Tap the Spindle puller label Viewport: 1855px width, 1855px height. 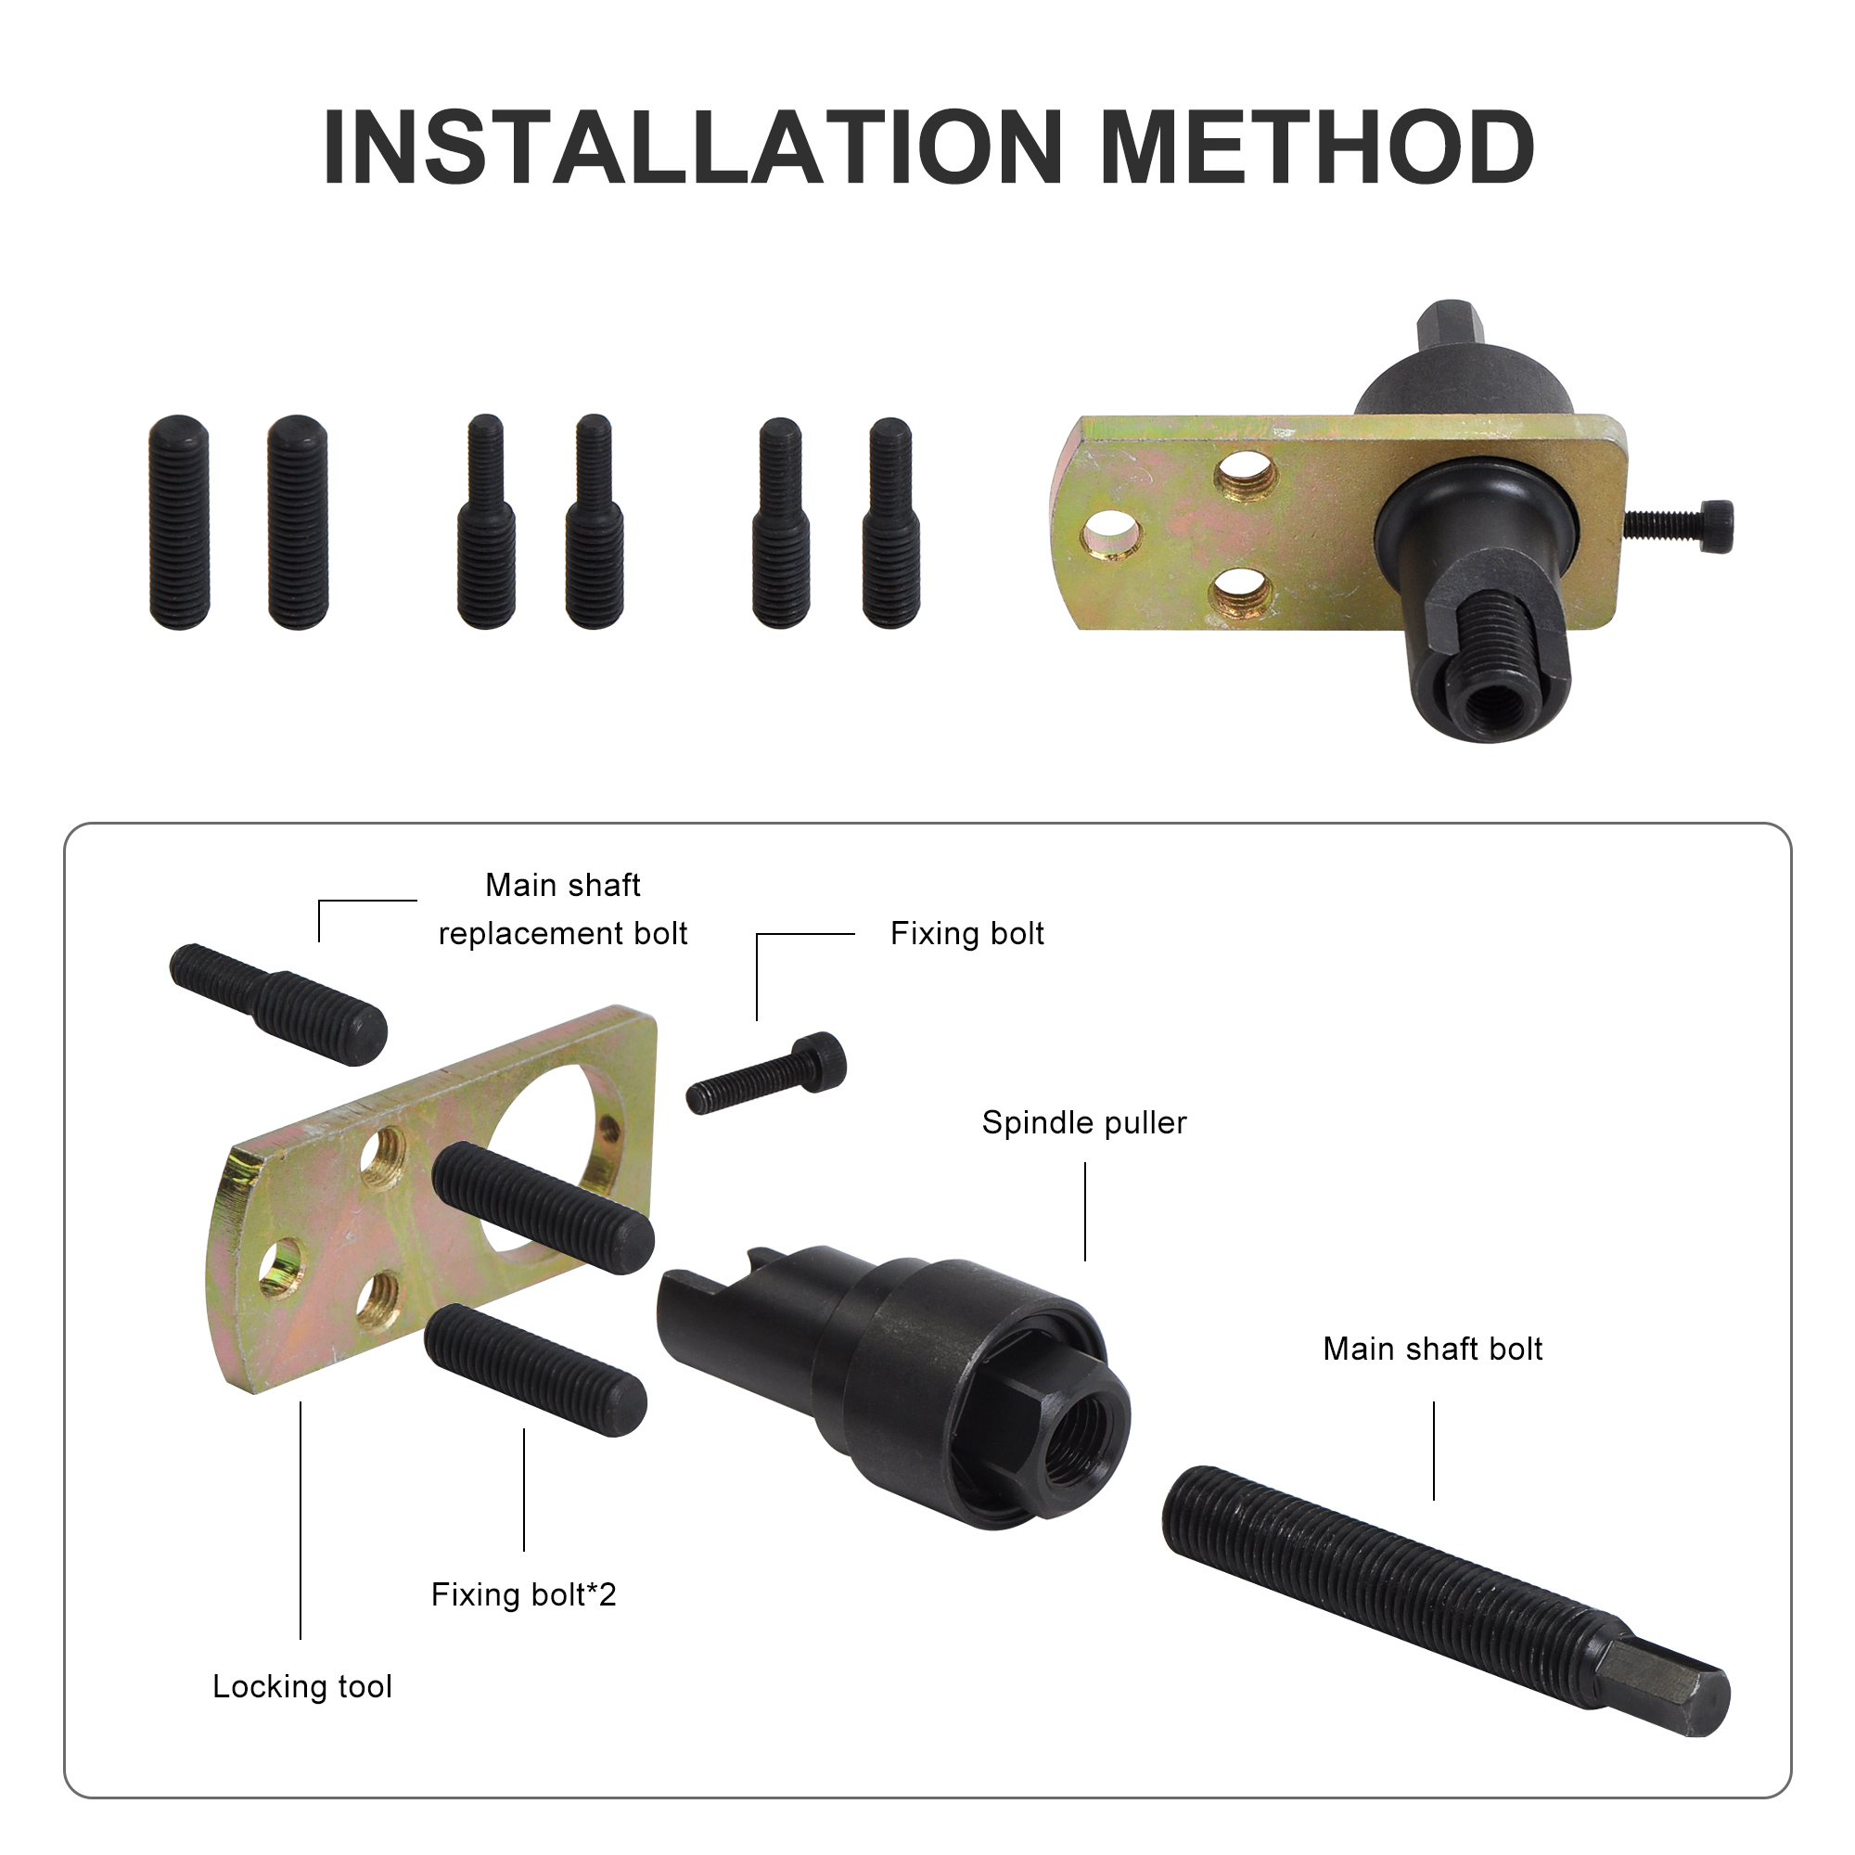pyautogui.click(x=1084, y=1122)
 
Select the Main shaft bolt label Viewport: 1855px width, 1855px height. pyautogui.click(x=1433, y=1349)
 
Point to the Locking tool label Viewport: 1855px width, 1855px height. pyautogui.click(x=302, y=1686)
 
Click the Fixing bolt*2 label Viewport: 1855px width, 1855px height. pyautogui.click(x=523, y=1593)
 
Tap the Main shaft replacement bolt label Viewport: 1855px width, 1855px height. pyautogui.click(x=563, y=909)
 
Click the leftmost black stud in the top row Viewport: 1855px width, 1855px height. pyautogui.click(x=180, y=522)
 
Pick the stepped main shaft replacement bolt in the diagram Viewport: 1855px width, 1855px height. pyautogui.click(x=278, y=1004)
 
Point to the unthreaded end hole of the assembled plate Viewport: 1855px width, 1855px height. pyautogui.click(x=1112, y=534)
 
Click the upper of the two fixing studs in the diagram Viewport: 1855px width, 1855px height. pyautogui.click(x=543, y=1207)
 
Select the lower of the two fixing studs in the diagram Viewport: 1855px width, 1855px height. pyautogui.click(x=536, y=1369)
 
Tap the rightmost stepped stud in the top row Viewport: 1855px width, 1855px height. pyautogui.click(x=891, y=522)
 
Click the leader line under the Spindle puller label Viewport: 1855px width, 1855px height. pyautogui.click(x=1085, y=1211)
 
